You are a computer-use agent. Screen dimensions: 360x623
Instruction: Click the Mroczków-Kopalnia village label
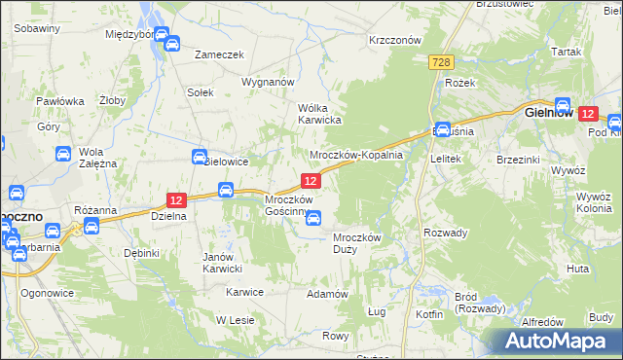point(355,156)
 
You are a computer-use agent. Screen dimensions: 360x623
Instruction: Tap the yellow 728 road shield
point(441,62)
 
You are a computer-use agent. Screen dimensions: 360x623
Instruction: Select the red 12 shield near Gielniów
point(587,114)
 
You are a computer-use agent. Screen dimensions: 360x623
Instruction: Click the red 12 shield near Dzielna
point(175,199)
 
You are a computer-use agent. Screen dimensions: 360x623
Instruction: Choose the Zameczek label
point(219,55)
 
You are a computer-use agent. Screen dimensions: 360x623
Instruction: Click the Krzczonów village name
point(394,41)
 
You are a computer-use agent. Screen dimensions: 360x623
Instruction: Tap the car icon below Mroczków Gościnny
point(312,219)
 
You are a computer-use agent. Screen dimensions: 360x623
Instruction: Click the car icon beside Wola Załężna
point(62,154)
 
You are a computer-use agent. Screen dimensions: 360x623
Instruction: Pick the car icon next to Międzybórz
point(170,44)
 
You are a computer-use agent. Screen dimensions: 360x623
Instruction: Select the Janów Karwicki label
point(221,263)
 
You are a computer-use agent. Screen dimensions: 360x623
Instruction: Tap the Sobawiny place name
point(38,28)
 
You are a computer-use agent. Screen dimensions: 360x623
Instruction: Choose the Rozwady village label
point(446,233)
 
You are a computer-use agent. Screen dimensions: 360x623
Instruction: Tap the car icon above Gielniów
point(563,103)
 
